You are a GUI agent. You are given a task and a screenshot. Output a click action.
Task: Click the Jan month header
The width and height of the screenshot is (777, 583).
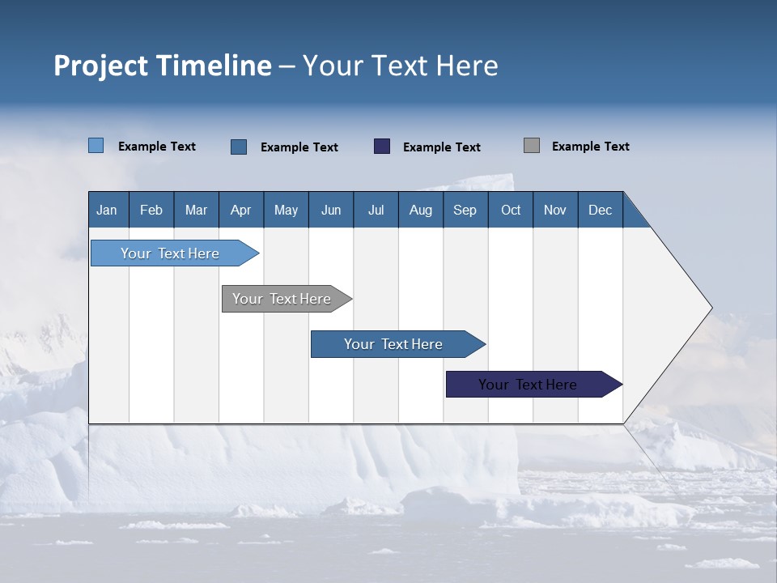point(108,211)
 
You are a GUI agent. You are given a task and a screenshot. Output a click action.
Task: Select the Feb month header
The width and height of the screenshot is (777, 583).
point(151,211)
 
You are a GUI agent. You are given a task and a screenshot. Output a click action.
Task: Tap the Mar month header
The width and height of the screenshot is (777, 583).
point(196,211)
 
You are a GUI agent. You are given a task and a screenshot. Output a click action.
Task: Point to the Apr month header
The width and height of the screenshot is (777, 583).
point(241,211)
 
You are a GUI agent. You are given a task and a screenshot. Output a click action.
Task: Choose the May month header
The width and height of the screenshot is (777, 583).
point(286,211)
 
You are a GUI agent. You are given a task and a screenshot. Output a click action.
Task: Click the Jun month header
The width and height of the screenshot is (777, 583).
point(331,211)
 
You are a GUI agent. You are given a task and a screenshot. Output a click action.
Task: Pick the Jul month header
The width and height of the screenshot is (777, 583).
point(376,211)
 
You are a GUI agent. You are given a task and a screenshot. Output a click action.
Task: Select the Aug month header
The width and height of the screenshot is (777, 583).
point(421,211)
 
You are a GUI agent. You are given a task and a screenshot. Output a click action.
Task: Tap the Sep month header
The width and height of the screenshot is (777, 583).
point(465,211)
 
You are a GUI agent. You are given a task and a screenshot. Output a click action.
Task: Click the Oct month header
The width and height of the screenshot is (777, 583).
point(511,211)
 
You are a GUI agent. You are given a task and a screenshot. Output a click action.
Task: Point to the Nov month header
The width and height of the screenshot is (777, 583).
point(555,211)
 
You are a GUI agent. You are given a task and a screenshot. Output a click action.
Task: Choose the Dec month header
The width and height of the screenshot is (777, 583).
point(601,211)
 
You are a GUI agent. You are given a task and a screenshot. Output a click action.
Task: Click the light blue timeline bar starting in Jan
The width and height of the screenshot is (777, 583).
point(171,253)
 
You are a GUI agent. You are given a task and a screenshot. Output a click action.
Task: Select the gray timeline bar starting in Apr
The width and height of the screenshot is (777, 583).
point(282,299)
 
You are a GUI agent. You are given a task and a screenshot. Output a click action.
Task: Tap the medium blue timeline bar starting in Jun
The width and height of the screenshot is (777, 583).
point(393,344)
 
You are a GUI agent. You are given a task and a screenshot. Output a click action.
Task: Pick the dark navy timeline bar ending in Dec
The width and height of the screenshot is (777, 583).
point(528,385)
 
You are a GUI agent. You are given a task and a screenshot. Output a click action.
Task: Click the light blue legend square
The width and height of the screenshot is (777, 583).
point(96,146)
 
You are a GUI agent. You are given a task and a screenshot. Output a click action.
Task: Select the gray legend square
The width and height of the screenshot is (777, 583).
point(532,146)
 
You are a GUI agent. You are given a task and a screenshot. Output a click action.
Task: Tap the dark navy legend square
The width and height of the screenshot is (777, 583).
point(382,146)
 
